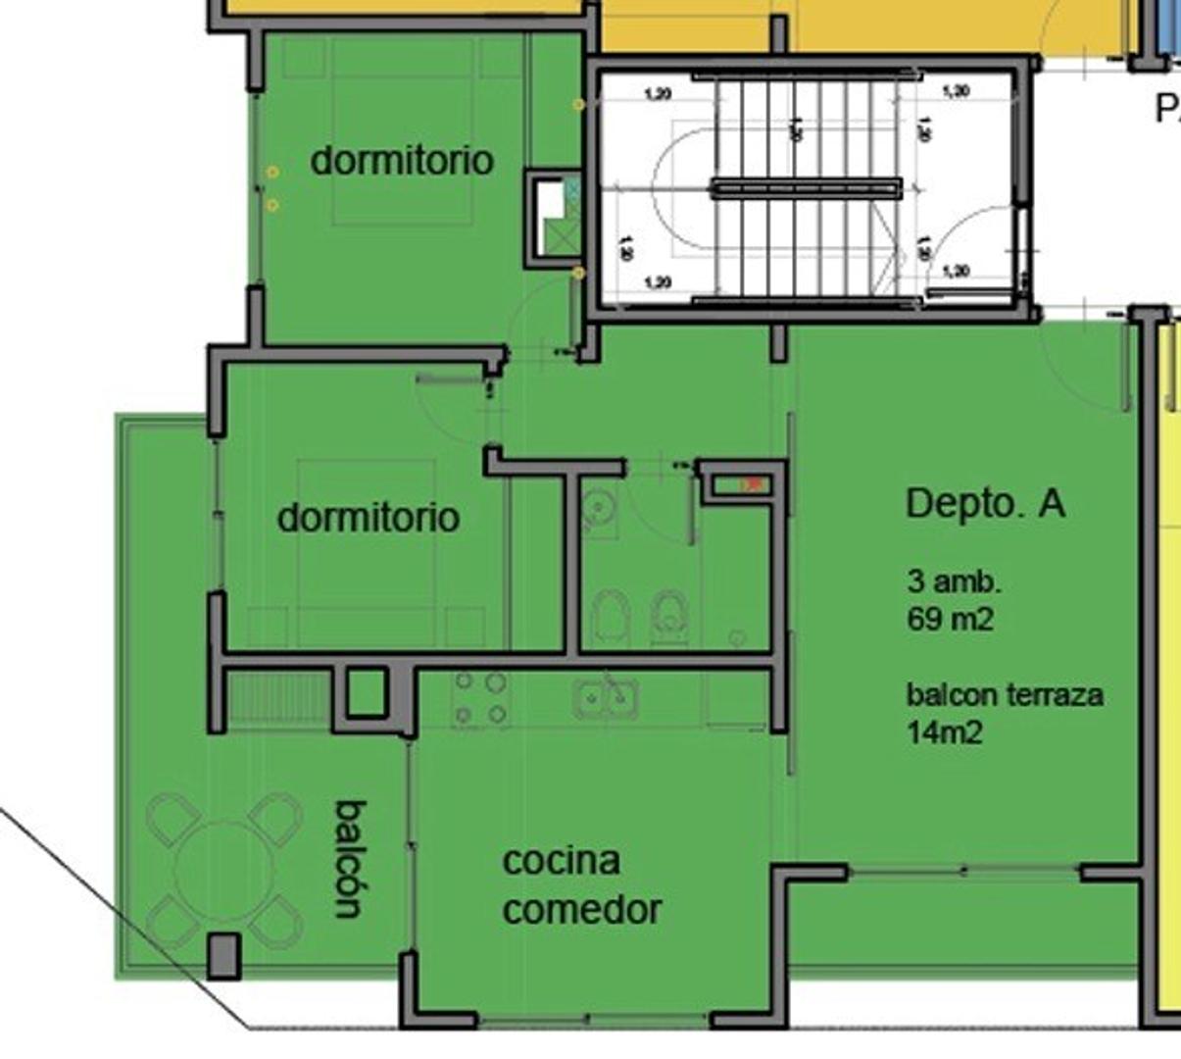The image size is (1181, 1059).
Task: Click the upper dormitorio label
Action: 402,160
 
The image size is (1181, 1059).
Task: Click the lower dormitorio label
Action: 368,517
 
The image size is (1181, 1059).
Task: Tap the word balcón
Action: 351,859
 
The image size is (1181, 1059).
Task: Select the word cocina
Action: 561,861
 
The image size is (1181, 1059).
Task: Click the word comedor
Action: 582,910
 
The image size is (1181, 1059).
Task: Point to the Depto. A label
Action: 985,503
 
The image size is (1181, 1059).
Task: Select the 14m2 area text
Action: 944,732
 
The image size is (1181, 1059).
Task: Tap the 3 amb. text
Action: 954,581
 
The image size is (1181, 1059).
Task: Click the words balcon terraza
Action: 1005,695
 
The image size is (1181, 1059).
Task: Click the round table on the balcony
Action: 223,869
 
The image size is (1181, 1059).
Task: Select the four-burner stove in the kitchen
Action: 480,698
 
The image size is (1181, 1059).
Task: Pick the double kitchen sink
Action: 607,698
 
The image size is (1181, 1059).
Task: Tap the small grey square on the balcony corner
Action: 223,955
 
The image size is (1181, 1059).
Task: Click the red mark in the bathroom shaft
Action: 753,484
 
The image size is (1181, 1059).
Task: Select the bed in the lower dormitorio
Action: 367,549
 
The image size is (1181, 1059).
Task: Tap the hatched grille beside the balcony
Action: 277,697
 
